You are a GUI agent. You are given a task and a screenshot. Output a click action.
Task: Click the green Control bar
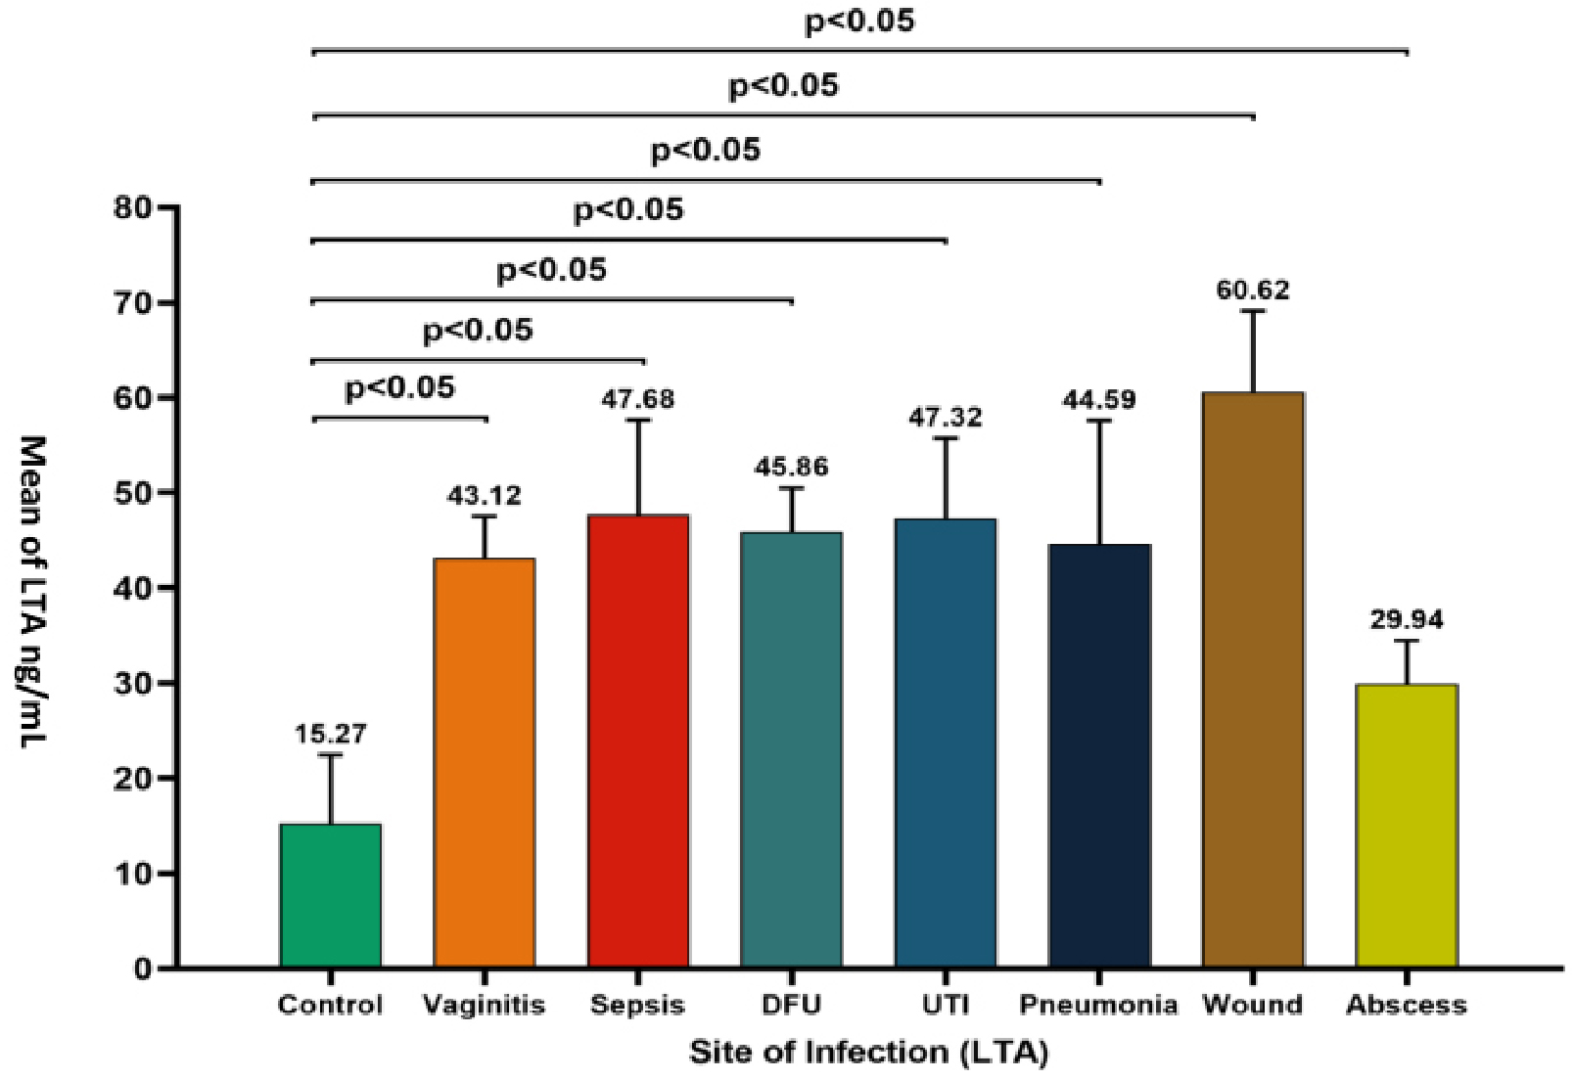pos(330,895)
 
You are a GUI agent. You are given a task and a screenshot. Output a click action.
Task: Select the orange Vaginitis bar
pos(485,763)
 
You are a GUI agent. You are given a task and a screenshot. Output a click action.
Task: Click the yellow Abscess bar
pos(1407,826)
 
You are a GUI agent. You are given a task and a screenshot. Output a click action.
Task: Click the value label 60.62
pos(1253,291)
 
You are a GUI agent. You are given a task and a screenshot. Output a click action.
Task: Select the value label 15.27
pos(330,734)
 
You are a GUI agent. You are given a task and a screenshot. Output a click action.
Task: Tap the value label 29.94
pos(1407,620)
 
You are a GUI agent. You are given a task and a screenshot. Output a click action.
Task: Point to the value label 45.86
pos(791,467)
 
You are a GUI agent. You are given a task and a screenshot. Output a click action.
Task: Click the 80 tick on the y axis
pos(133,208)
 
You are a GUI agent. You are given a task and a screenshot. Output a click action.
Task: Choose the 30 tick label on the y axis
pos(133,684)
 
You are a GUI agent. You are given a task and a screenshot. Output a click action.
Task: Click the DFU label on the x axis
pos(791,1005)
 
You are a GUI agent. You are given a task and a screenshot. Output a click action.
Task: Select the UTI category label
pos(946,1005)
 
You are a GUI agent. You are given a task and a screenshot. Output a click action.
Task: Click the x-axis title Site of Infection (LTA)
pos(868,1053)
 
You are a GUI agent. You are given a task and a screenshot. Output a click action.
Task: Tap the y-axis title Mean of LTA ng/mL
pos(32,591)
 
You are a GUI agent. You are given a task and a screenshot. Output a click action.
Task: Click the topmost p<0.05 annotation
pos(859,22)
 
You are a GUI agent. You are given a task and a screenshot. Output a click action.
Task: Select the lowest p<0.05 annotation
pos(400,388)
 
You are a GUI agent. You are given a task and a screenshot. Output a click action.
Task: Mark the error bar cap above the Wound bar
pos(1253,311)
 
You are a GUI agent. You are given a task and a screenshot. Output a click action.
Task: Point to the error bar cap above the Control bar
pos(330,754)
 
